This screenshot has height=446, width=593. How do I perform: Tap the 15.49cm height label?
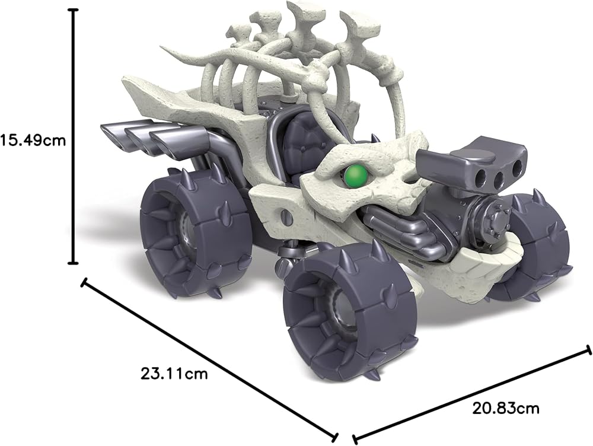pyautogui.click(x=33, y=141)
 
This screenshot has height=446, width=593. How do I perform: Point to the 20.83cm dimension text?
pyautogui.click(x=506, y=408)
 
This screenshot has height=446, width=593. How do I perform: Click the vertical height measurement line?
pyautogui.click(x=73, y=136)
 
